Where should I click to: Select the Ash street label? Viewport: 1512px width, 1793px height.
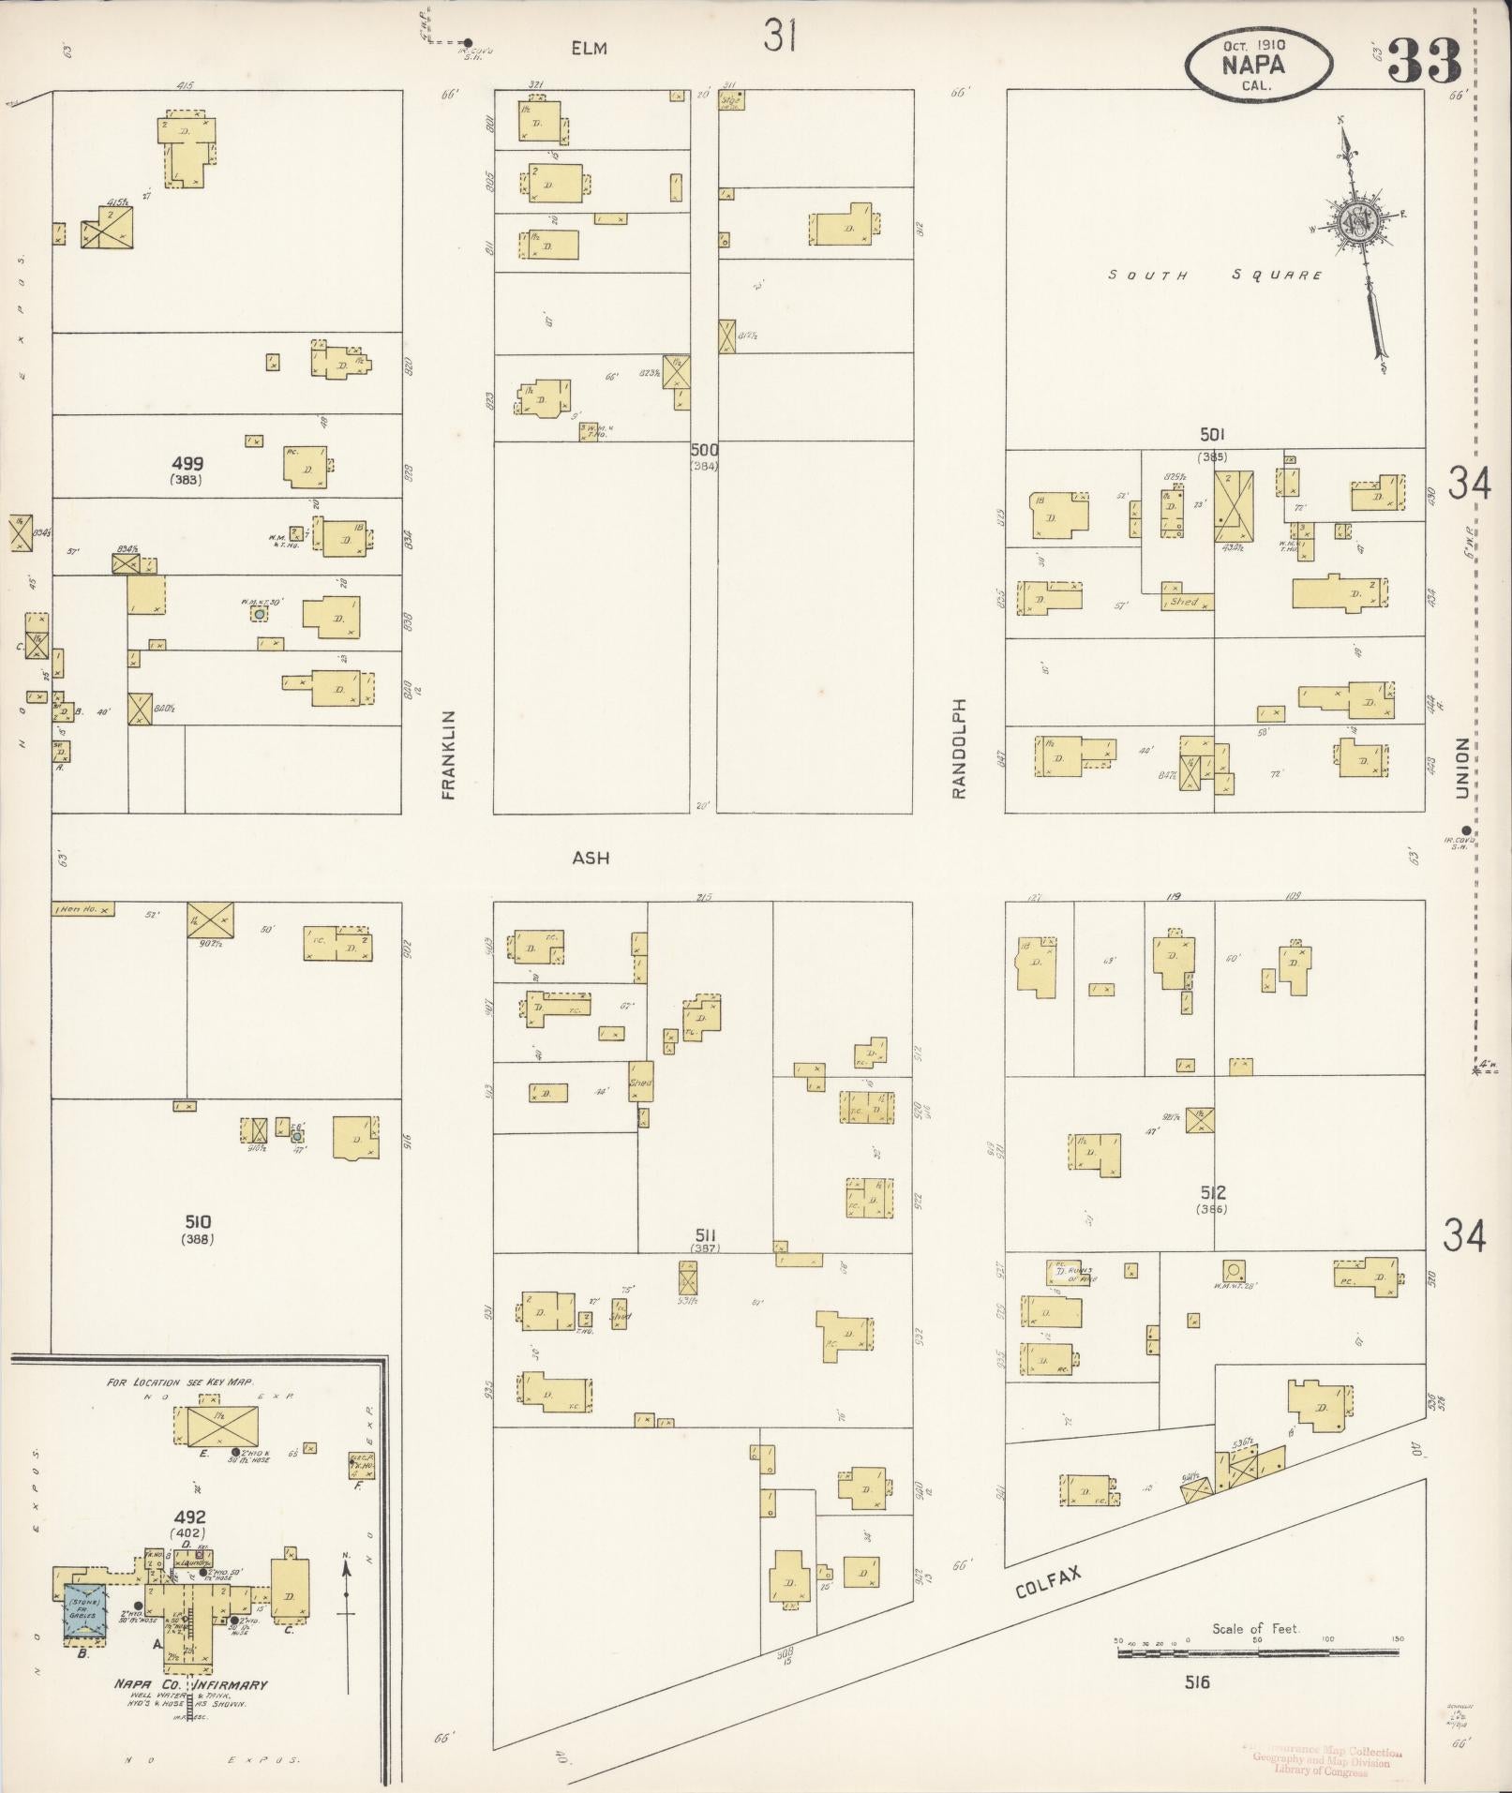point(591,858)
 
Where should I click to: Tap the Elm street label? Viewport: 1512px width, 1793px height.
point(590,48)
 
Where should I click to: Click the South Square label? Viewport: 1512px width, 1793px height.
point(1215,276)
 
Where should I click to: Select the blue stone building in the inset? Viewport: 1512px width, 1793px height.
point(84,1612)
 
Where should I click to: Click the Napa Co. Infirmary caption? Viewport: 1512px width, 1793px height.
point(190,1685)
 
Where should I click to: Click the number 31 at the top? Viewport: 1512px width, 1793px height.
point(780,37)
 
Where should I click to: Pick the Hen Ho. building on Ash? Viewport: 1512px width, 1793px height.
point(83,909)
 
